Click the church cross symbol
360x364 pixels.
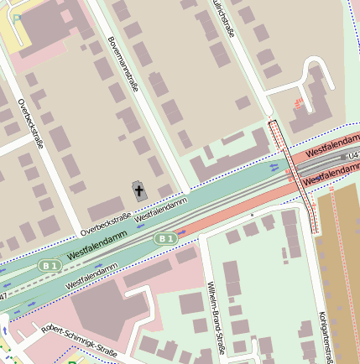pos(138,191)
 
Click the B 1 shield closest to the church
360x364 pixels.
pos(164,239)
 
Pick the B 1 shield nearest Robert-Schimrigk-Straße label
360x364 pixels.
pos(50,266)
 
